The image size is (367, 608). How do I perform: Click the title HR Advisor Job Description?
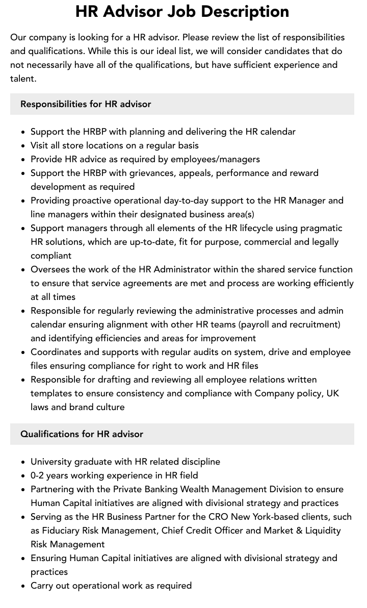(182, 12)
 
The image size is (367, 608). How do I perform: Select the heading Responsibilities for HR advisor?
(86, 104)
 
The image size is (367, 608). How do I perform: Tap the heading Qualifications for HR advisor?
(82, 434)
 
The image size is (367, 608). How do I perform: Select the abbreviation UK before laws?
(333, 393)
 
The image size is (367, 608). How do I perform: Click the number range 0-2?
(39, 475)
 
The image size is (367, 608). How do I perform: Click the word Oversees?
(50, 269)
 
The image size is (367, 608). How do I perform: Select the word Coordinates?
(56, 352)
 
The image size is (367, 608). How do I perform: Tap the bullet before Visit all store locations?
(23, 146)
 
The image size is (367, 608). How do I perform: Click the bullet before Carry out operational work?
(23, 586)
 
